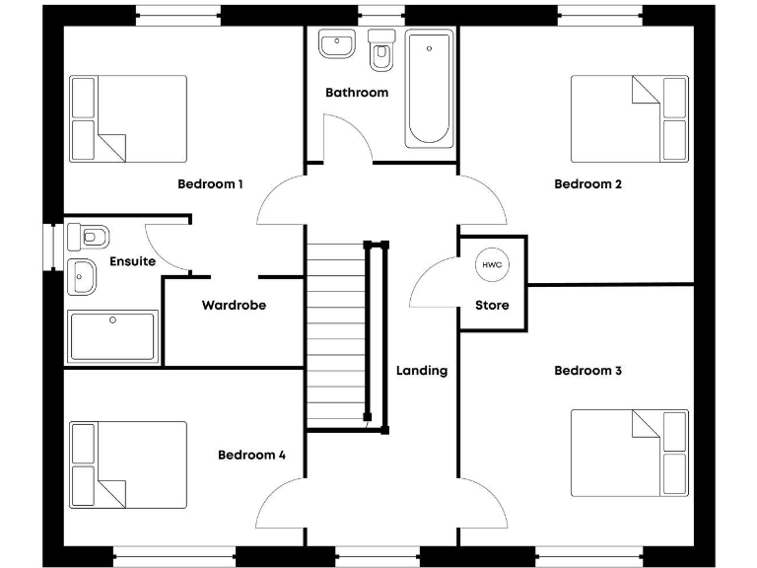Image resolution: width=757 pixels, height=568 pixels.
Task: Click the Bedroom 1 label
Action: [x=210, y=183]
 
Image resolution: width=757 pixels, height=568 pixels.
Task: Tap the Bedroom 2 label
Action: [x=587, y=183]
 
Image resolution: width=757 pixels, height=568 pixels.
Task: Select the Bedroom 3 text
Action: [x=587, y=371]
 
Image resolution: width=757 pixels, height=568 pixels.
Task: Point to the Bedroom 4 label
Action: [x=251, y=455]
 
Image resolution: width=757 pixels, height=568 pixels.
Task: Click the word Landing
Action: [x=422, y=371]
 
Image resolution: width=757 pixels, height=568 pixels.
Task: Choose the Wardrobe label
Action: [x=234, y=306]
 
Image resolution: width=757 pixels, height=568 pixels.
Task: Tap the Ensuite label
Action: [x=132, y=261]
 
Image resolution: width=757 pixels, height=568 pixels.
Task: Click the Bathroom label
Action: [x=357, y=93]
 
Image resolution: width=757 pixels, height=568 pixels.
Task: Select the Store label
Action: [x=492, y=306]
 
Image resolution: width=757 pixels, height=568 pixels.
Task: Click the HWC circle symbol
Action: [x=492, y=264]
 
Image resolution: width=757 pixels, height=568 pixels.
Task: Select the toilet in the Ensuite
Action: [x=90, y=237]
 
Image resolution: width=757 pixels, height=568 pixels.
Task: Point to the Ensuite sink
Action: [x=81, y=277]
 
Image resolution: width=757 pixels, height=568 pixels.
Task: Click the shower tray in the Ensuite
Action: [x=111, y=336]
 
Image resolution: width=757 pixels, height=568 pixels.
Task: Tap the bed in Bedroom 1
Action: [x=128, y=119]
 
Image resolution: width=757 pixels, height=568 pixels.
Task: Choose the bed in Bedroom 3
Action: [x=629, y=454]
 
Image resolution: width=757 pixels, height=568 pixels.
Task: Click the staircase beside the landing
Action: [x=334, y=335]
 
